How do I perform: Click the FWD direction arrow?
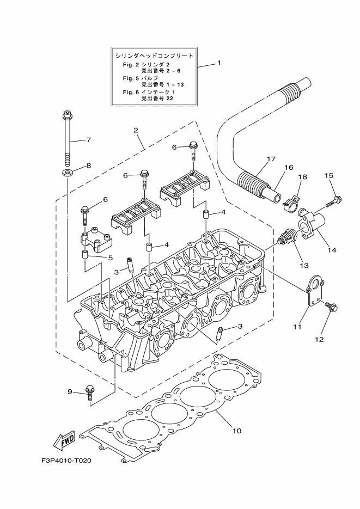click(x=65, y=440)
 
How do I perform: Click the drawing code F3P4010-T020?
click(x=66, y=461)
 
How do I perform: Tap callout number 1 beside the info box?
click(x=219, y=63)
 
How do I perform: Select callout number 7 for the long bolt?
click(x=88, y=140)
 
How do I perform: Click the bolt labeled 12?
click(x=330, y=307)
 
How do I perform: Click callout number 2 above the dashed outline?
click(x=135, y=131)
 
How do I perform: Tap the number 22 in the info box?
click(x=162, y=99)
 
